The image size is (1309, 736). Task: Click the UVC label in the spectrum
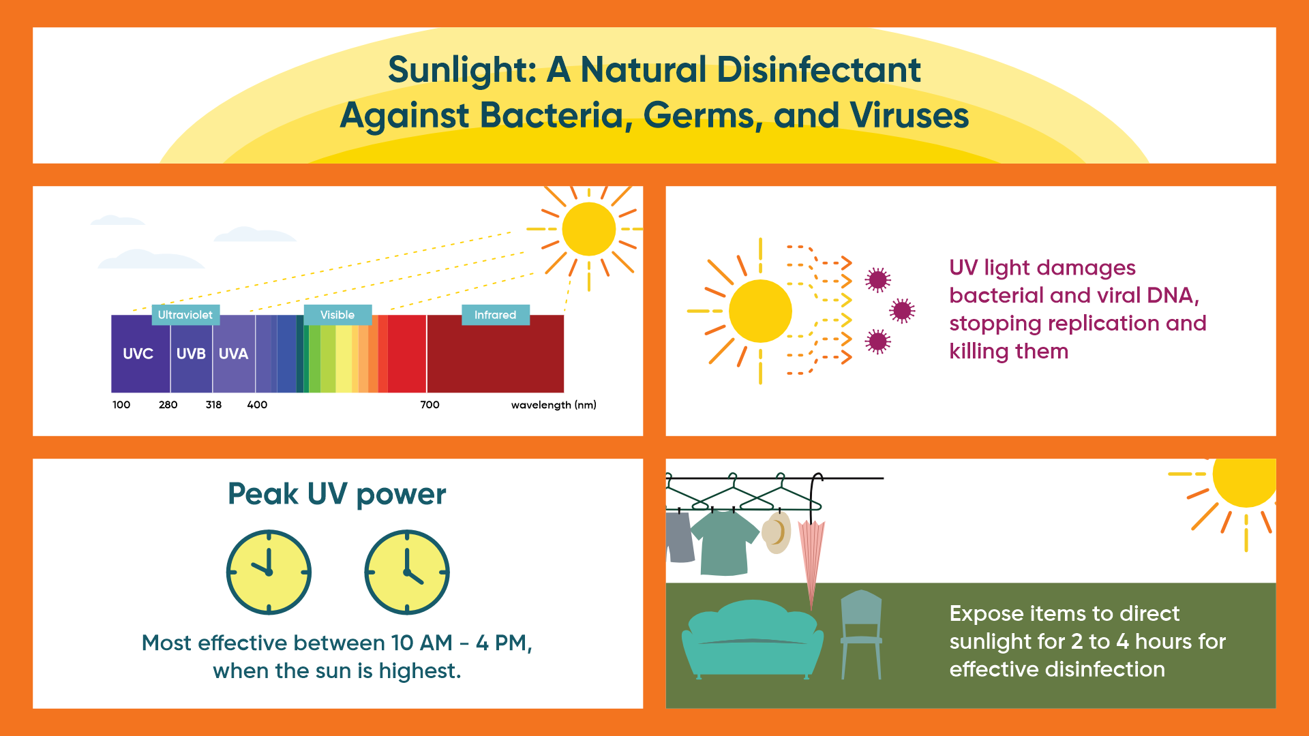(x=138, y=354)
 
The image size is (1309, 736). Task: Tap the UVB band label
(x=191, y=354)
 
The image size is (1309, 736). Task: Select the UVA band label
(x=233, y=354)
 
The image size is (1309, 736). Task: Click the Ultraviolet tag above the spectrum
(x=185, y=315)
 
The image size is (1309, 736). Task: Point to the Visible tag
(x=337, y=315)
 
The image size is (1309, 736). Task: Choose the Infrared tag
(x=496, y=315)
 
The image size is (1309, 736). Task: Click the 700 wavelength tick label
(x=430, y=405)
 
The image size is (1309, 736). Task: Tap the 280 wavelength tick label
(x=168, y=405)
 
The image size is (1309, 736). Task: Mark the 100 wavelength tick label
(x=121, y=405)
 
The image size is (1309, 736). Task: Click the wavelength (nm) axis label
(x=554, y=405)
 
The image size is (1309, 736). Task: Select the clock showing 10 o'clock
(x=269, y=572)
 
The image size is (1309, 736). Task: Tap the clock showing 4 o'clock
(x=407, y=572)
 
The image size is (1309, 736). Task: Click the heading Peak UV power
(x=337, y=494)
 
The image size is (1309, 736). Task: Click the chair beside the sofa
(x=861, y=634)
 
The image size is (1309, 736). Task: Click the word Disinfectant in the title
(x=819, y=70)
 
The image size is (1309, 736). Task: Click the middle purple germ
(x=902, y=311)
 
